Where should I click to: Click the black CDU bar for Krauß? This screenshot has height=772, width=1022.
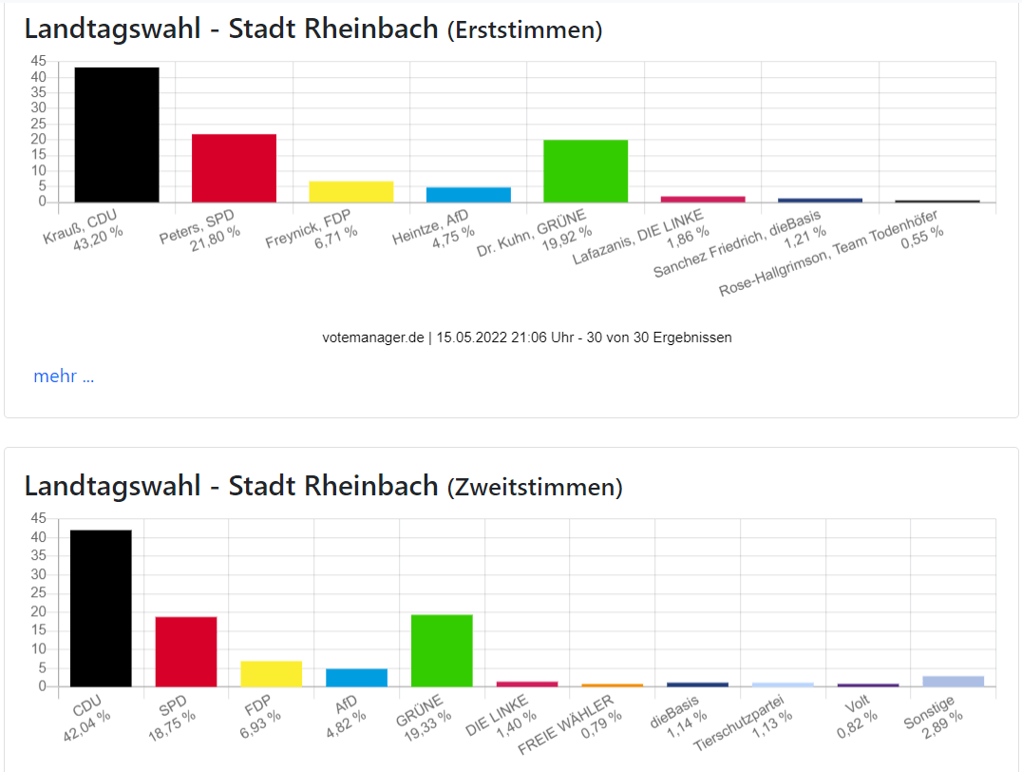(x=117, y=134)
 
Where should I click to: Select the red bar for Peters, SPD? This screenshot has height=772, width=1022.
(x=234, y=167)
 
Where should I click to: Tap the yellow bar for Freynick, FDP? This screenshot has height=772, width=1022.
(x=350, y=191)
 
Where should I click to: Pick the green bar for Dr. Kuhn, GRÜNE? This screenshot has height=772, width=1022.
(x=585, y=171)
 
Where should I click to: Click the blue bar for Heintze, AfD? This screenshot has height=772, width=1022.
(x=468, y=194)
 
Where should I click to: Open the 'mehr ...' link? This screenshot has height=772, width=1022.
(x=64, y=376)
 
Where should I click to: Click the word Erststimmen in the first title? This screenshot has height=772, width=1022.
(x=524, y=30)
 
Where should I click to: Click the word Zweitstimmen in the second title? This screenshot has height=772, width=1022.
(x=535, y=488)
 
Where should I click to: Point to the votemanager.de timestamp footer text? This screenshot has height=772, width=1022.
(x=527, y=338)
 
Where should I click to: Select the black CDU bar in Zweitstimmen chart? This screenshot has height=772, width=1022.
(x=101, y=608)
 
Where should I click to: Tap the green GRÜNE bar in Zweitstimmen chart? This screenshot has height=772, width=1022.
(x=442, y=650)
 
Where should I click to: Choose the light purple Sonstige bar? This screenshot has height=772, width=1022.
(x=953, y=681)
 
